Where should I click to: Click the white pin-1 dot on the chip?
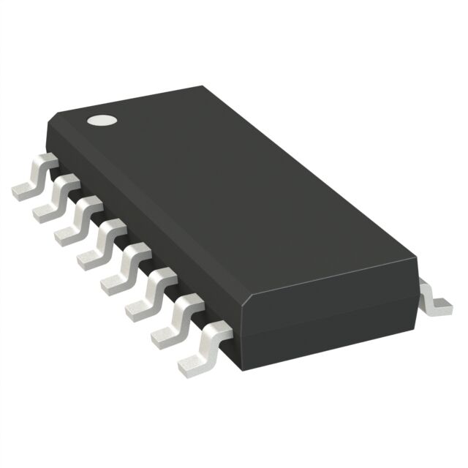[101, 120]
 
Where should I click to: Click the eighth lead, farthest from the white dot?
[198, 351]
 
